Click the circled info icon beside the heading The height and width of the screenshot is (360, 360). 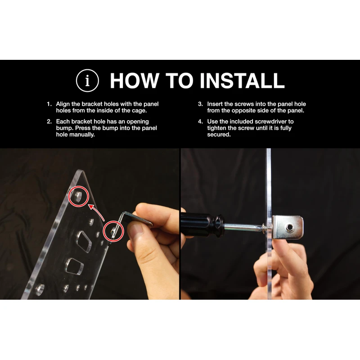coord(87,81)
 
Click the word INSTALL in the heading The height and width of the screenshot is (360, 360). coord(242,81)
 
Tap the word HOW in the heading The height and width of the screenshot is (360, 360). coord(135,81)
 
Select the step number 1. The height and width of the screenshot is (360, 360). coord(49,104)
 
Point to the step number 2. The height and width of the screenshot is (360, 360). coord(49,121)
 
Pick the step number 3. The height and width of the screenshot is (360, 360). coord(200,104)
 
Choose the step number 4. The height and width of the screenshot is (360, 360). coord(200,121)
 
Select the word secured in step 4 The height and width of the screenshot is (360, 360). coord(218,135)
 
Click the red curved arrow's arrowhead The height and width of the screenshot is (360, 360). coord(92,207)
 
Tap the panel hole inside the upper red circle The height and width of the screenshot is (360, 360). coord(78,197)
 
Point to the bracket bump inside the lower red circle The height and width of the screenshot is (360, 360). coord(112,230)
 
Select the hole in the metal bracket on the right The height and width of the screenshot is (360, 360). coord(289,228)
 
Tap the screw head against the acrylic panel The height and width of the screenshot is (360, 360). coord(265,229)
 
